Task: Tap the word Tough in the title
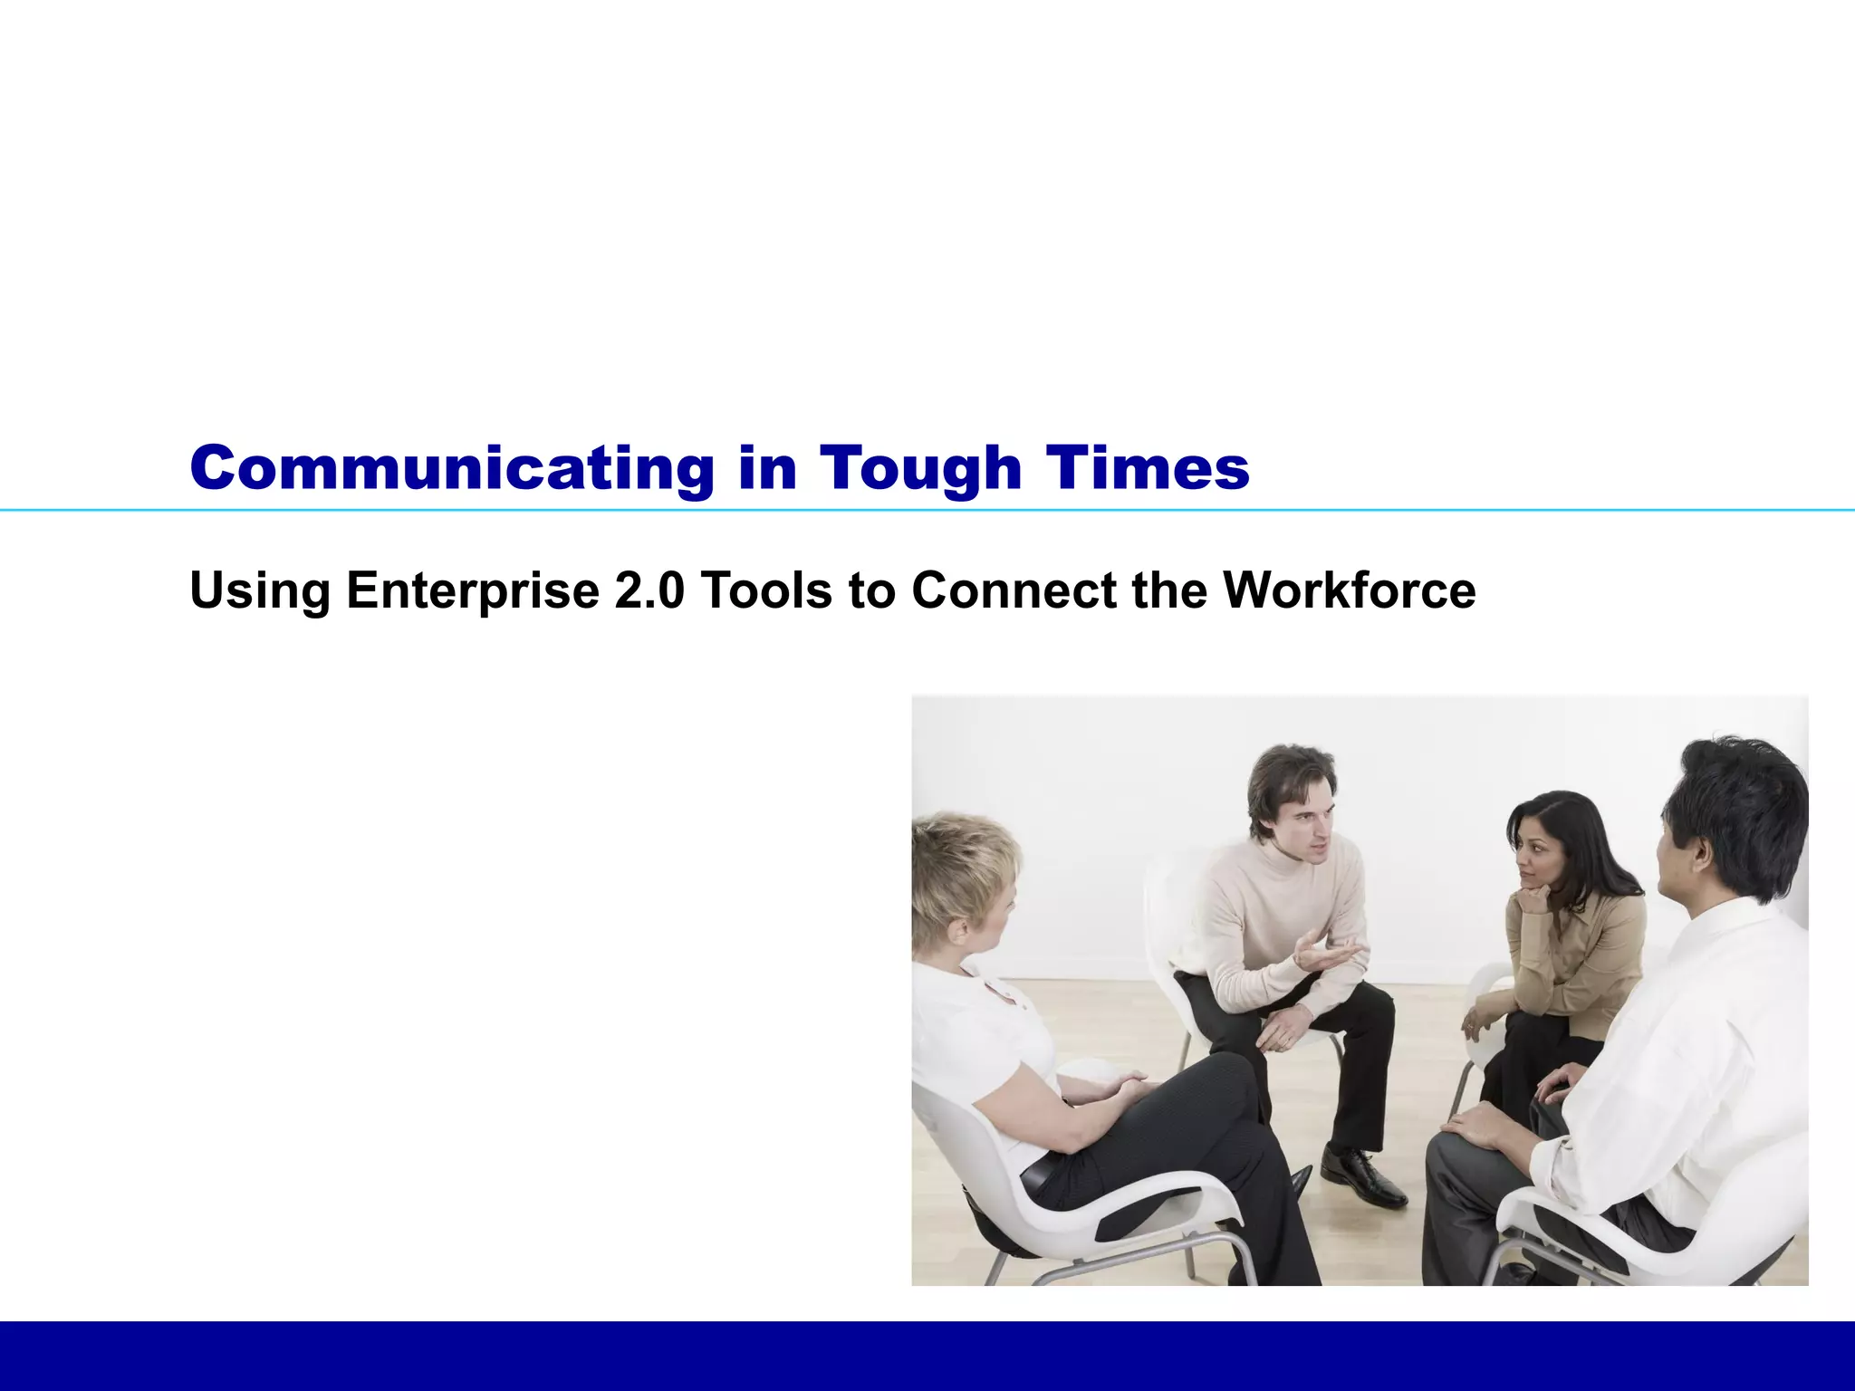[x=921, y=468]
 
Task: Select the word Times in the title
[x=1149, y=468]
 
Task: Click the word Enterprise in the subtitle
[x=473, y=590]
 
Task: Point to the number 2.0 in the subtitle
[x=649, y=590]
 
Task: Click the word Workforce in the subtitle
[x=1350, y=590]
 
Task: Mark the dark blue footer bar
[x=927, y=1356]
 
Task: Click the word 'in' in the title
[x=767, y=468]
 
